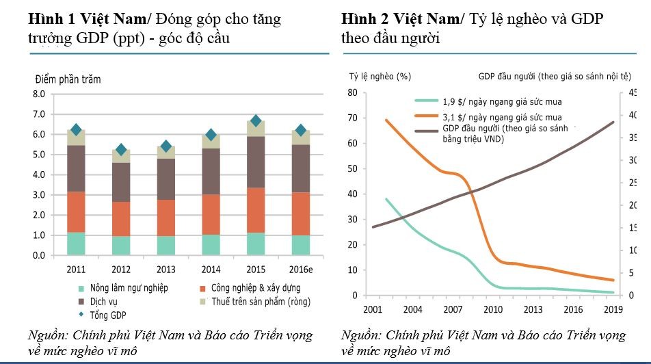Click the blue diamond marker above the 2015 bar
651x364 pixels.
point(256,120)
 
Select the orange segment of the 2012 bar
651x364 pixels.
point(121,219)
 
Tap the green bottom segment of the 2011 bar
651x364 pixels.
point(76,244)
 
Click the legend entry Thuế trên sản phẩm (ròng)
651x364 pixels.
point(258,301)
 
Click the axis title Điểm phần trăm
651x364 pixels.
point(68,79)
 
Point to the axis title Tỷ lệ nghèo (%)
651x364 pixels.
point(380,76)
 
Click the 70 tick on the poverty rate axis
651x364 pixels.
point(352,118)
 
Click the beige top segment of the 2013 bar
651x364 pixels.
point(165,152)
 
